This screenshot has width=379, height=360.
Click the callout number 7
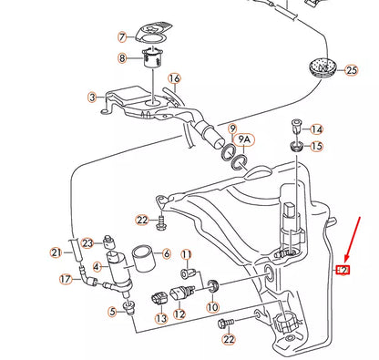click(122, 38)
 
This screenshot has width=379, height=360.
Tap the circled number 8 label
click(122, 58)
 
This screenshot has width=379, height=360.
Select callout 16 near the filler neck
click(174, 79)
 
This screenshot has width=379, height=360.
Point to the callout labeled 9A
click(245, 140)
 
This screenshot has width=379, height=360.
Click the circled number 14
click(317, 129)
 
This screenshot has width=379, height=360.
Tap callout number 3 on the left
click(91, 97)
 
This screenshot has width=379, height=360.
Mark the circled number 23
click(87, 242)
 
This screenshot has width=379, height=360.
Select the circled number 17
click(66, 280)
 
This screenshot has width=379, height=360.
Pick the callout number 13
click(160, 319)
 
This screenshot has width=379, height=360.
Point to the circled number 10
click(212, 308)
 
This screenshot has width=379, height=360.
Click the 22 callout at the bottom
click(228, 339)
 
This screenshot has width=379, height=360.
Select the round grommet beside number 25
click(322, 67)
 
